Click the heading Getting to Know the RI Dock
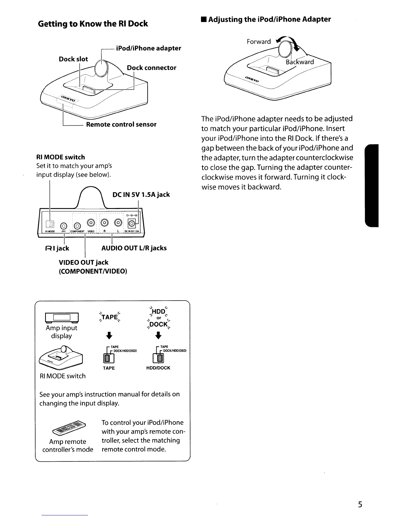(x=93, y=24)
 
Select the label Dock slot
(x=73, y=59)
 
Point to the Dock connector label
(x=151, y=68)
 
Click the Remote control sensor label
(x=121, y=125)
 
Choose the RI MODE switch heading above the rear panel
(x=60, y=157)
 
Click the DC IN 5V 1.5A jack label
(x=141, y=195)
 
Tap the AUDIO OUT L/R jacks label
(x=134, y=248)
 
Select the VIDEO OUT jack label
(x=83, y=263)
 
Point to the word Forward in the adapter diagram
(x=259, y=42)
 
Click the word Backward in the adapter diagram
(x=300, y=62)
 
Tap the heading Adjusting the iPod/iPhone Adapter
(x=269, y=19)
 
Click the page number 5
(x=360, y=504)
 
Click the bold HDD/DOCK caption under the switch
(x=158, y=368)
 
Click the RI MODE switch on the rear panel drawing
(x=50, y=224)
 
